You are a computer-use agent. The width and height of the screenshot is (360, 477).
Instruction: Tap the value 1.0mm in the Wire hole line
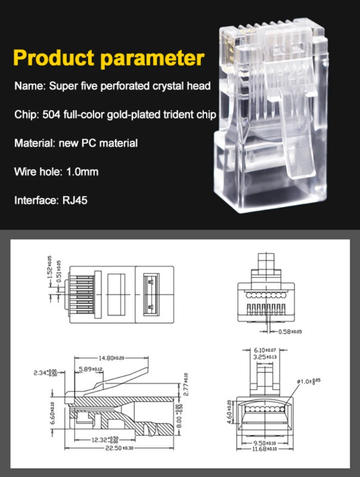coord(82,172)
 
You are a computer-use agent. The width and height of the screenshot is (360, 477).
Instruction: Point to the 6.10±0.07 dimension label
coord(265,350)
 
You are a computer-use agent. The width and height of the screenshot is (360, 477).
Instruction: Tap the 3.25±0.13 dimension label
coord(265,357)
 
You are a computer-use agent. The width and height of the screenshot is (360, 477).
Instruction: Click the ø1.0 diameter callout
coord(310,381)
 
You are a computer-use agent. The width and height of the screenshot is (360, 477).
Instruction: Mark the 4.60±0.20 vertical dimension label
coord(229,409)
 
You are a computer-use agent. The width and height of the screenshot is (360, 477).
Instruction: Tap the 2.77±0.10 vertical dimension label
coord(186,383)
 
